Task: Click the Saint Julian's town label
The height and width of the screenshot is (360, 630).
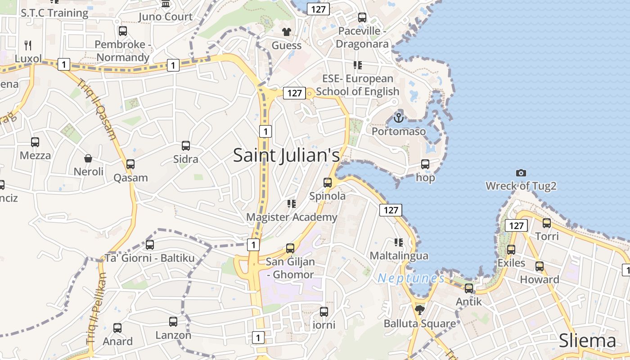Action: (x=286, y=155)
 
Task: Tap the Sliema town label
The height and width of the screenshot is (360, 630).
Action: (x=587, y=341)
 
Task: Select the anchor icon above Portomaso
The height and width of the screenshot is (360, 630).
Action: (x=398, y=118)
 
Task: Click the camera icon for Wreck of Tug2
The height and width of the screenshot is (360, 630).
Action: (x=521, y=173)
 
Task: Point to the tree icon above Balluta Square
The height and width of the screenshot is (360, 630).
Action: (x=420, y=310)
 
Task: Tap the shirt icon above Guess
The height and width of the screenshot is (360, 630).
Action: (x=286, y=31)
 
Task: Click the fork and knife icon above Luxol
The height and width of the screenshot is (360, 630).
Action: (x=28, y=45)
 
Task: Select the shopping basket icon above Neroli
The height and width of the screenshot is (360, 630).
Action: (x=88, y=158)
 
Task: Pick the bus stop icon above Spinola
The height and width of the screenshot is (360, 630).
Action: (x=328, y=183)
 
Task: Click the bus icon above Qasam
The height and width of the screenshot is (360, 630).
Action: (x=130, y=164)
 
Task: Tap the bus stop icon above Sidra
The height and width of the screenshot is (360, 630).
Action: (x=186, y=146)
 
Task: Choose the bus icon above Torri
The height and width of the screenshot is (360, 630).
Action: (x=547, y=223)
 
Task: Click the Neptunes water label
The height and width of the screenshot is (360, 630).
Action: (x=411, y=279)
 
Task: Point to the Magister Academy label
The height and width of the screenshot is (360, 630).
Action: (x=292, y=217)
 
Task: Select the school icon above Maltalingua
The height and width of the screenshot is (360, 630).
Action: (x=398, y=243)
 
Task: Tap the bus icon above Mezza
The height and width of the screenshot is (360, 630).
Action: (x=35, y=142)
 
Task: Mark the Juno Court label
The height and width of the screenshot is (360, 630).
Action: (x=166, y=17)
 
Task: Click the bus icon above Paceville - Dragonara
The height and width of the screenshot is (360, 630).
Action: (x=362, y=18)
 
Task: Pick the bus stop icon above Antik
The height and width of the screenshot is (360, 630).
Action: (x=469, y=288)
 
